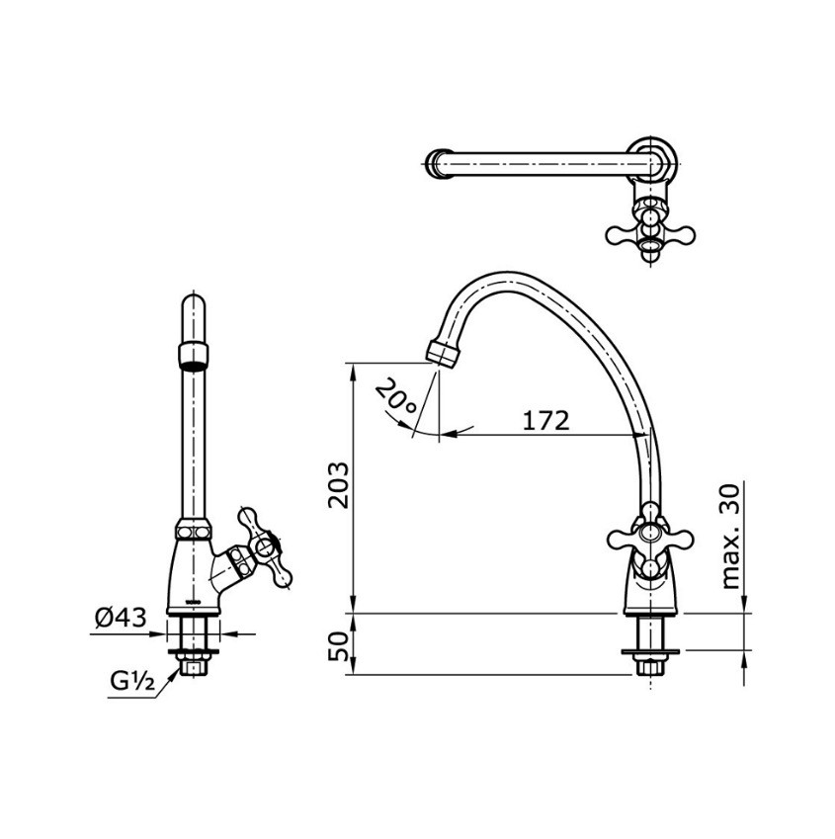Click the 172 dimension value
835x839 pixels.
(x=545, y=420)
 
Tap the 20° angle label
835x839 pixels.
(x=395, y=400)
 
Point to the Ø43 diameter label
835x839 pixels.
(x=121, y=619)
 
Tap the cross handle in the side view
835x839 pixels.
(x=648, y=539)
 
